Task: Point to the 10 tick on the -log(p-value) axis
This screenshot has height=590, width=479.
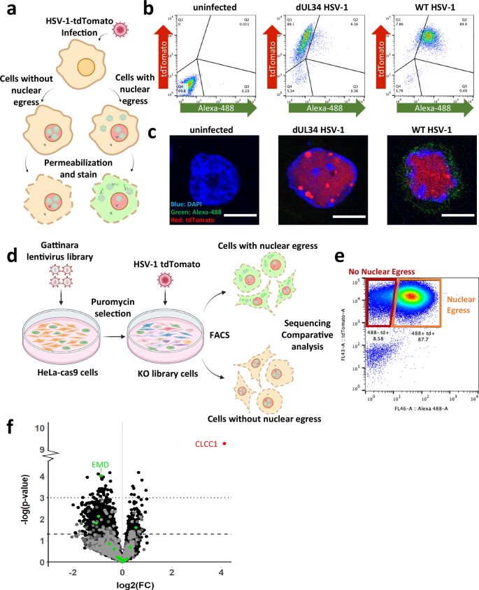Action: tap(41, 427)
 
